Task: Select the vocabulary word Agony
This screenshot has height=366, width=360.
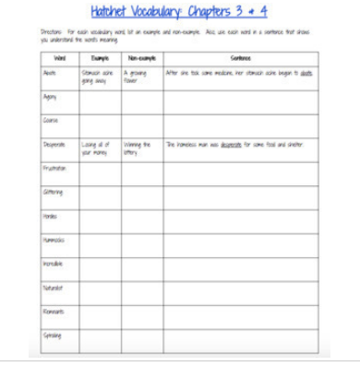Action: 52,96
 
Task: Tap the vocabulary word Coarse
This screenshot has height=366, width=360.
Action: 52,120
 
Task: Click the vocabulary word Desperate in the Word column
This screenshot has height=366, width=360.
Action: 54,144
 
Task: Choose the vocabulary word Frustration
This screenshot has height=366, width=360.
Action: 55,168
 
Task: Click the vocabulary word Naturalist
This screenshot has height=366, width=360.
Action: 54,288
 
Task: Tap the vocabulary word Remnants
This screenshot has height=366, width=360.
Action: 54,312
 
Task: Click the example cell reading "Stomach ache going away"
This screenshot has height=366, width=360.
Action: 97,74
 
